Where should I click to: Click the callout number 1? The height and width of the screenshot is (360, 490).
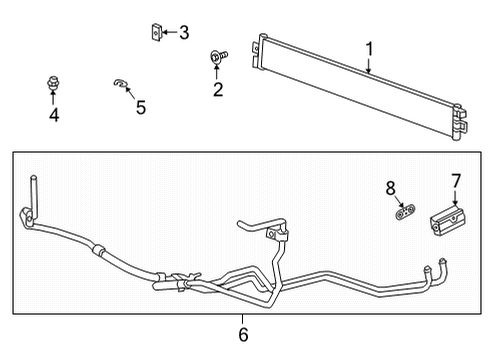pos(368,49)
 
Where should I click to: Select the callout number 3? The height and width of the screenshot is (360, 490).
pos(183,34)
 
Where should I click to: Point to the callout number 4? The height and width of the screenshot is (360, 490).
pos(53,116)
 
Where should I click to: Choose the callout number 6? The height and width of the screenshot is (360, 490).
pos(243,334)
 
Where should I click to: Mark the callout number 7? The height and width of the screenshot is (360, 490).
pos(455,180)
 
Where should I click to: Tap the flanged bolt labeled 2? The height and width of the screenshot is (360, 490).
pos(217,59)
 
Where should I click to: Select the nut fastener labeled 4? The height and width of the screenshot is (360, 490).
pos(52,83)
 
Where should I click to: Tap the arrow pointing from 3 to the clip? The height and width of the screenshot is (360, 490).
pos(170,34)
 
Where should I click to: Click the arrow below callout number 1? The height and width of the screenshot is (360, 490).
pos(369,66)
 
